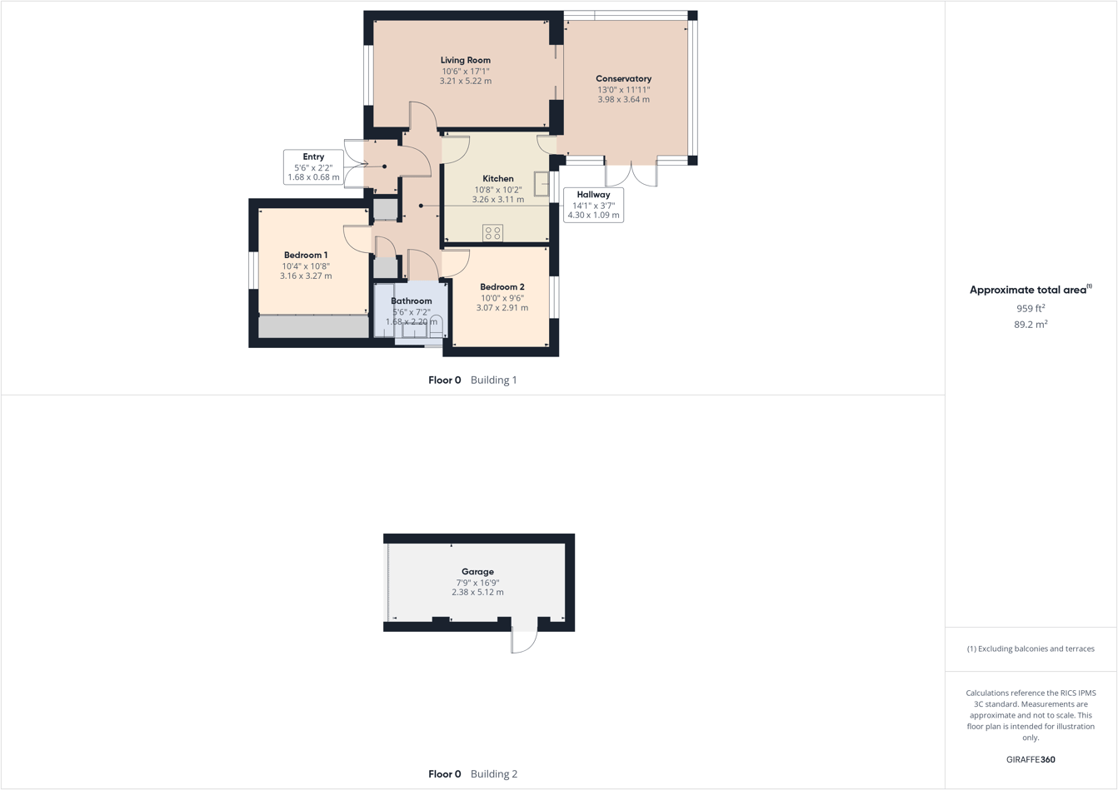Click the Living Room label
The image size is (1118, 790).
tap(465, 60)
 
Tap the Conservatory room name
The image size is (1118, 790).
tap(623, 79)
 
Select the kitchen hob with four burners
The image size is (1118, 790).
tap(492, 233)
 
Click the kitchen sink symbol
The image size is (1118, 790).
tap(542, 184)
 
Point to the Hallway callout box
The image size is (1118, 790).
tap(593, 205)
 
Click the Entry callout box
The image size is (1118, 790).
tap(313, 167)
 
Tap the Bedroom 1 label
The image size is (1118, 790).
tap(306, 255)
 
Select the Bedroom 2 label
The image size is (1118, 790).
tap(502, 287)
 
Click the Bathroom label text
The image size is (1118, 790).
tap(412, 301)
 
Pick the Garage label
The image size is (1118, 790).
tap(477, 572)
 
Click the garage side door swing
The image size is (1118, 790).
tap(524, 640)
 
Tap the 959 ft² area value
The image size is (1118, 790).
tap(1030, 308)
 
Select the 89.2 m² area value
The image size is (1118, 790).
tap(1030, 325)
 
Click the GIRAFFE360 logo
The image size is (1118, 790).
tap(1031, 759)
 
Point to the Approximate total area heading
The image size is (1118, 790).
tap(1030, 290)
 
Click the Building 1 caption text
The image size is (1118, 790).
tap(493, 380)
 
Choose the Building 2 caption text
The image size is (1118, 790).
tap(493, 774)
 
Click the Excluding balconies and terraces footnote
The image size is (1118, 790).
tap(1031, 648)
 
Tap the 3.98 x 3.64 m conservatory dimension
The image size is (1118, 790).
tap(623, 99)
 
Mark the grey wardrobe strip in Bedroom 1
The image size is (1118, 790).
tap(313, 327)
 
